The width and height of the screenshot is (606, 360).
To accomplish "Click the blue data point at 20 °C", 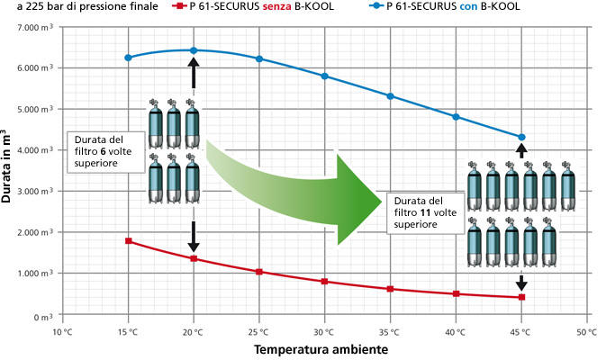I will tap(194, 50).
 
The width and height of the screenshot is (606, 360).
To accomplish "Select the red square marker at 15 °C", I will tap(129, 241).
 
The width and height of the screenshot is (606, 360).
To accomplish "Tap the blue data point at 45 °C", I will tap(521, 137).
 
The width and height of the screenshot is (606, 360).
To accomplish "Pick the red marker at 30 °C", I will tap(325, 282).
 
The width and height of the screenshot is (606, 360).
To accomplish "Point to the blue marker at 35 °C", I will tap(390, 96).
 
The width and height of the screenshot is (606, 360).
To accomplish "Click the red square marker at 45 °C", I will tap(521, 297).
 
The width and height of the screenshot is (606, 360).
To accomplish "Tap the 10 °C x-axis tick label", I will tap(63, 330).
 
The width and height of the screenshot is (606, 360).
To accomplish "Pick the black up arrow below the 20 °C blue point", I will tap(194, 70).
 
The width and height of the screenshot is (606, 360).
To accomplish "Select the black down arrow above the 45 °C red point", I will tap(521, 280).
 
